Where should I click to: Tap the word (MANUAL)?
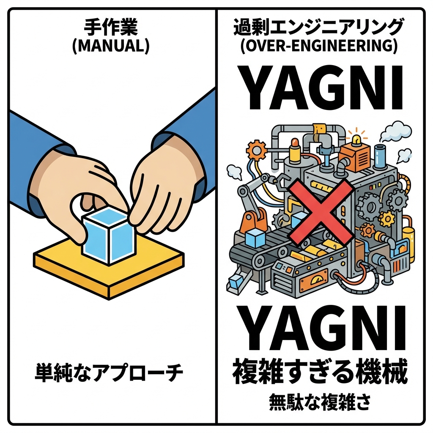click(111, 46)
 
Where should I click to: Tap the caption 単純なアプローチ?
click(109, 373)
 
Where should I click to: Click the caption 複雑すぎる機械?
click(320, 372)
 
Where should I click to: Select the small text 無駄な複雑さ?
click(320, 401)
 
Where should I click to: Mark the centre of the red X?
click(320, 209)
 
